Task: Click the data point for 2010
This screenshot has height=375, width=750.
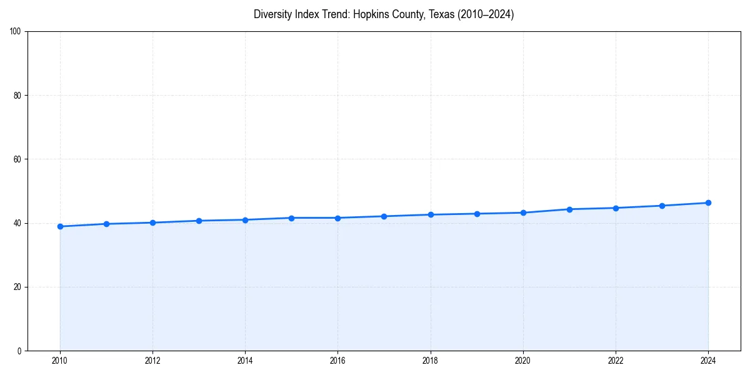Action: click(60, 226)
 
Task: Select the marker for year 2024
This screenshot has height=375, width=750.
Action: click(708, 202)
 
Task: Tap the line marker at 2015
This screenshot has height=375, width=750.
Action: click(291, 217)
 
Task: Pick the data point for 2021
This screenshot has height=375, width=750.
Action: click(569, 209)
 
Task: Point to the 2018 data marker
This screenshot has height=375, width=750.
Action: click(431, 214)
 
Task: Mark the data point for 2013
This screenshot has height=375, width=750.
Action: click(199, 221)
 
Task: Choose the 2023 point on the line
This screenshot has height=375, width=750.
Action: click(662, 206)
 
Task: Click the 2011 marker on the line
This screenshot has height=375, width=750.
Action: click(106, 224)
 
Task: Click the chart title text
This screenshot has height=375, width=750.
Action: click(384, 14)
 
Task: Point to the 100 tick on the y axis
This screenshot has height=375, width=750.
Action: click(16, 31)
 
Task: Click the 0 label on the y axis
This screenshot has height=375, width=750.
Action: click(20, 351)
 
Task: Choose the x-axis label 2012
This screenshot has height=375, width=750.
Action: click(152, 361)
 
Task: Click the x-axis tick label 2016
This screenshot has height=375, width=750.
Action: click(337, 361)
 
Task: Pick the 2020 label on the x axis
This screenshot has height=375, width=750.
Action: click(523, 361)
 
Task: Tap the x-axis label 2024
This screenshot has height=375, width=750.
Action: click(708, 361)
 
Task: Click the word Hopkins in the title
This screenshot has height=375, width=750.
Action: click(371, 14)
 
